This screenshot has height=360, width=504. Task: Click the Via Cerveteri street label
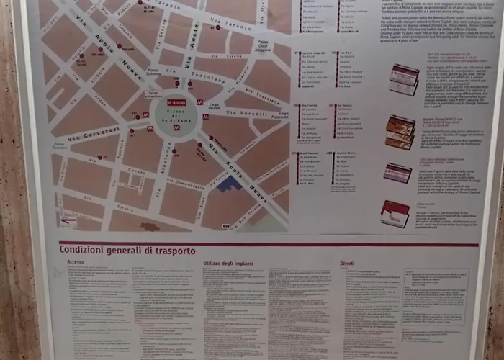[x=94, y=134]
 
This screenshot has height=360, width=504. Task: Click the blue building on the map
[x=229, y=184]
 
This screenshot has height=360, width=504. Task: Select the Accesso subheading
[x=76, y=263]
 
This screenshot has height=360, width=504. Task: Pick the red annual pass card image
[x=395, y=213]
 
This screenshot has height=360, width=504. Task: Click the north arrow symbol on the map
[x=68, y=222]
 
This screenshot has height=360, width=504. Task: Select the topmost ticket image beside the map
[x=404, y=78]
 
